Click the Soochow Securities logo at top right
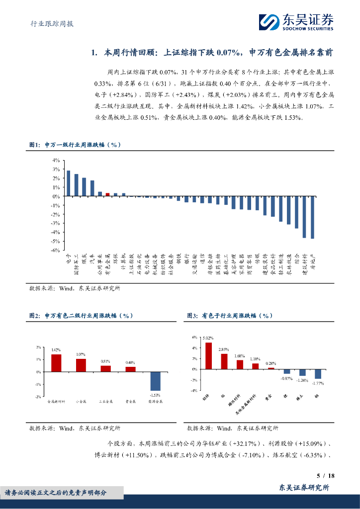click(x=296, y=22)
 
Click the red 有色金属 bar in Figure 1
click(x=108, y=194)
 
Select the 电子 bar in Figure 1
click(x=68, y=183)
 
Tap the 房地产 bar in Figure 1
click(x=312, y=217)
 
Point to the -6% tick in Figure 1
click(x=56, y=250)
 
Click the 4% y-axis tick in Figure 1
click(x=56, y=160)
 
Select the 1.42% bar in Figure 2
click(x=56, y=363)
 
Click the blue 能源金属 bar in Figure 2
click(x=156, y=381)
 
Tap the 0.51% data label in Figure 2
click(x=105, y=361)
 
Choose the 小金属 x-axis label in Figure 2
click(x=81, y=401)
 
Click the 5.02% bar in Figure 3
click(x=209, y=356)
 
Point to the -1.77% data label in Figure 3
click(x=318, y=383)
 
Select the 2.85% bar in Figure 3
click(x=224, y=361)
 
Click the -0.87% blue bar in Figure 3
click(x=287, y=371)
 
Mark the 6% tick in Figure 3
click(x=195, y=338)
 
